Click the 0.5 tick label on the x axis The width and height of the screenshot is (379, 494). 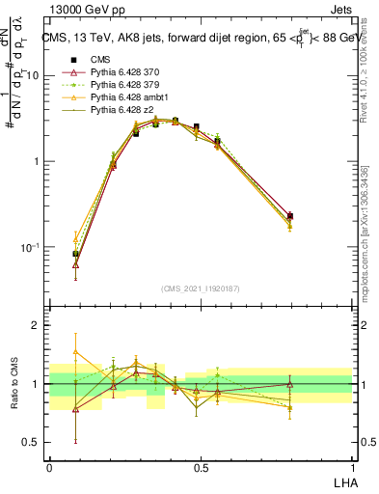click(x=201, y=466)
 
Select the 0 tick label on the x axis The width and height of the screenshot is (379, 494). click(x=49, y=466)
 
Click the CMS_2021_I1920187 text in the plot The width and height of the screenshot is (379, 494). click(x=200, y=288)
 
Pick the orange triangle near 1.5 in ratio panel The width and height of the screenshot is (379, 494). click(x=76, y=352)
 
